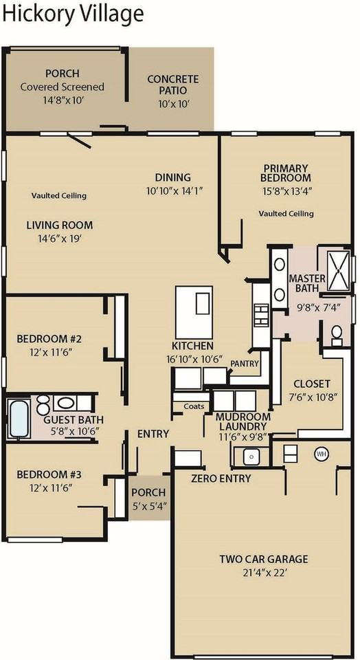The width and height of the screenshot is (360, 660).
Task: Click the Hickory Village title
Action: pos(72,14)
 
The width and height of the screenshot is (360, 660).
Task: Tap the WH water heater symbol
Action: pos(321,454)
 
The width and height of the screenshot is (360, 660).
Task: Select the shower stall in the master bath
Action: pos(338,271)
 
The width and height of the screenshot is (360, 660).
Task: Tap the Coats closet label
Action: pos(194,406)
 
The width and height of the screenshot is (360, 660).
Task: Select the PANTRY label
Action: pos(244,362)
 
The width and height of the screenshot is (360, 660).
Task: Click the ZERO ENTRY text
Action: pos(221,478)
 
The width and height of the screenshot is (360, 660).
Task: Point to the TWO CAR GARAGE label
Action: pos(263,559)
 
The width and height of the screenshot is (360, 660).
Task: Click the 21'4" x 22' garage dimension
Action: pos(263,572)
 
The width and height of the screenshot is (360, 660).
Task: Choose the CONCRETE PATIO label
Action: pos(172,85)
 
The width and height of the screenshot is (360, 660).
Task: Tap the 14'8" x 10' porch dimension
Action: pos(62,99)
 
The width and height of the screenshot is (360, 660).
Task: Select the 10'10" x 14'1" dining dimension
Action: pos(173,190)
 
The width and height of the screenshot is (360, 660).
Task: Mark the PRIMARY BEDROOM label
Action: pos(286,173)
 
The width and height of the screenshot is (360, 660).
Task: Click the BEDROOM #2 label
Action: pos(49,339)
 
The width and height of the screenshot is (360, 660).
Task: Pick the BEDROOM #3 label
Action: pos(49,474)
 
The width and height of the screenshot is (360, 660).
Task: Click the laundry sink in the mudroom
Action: pos(249,455)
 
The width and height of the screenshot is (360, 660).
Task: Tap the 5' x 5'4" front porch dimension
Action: pos(149,505)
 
